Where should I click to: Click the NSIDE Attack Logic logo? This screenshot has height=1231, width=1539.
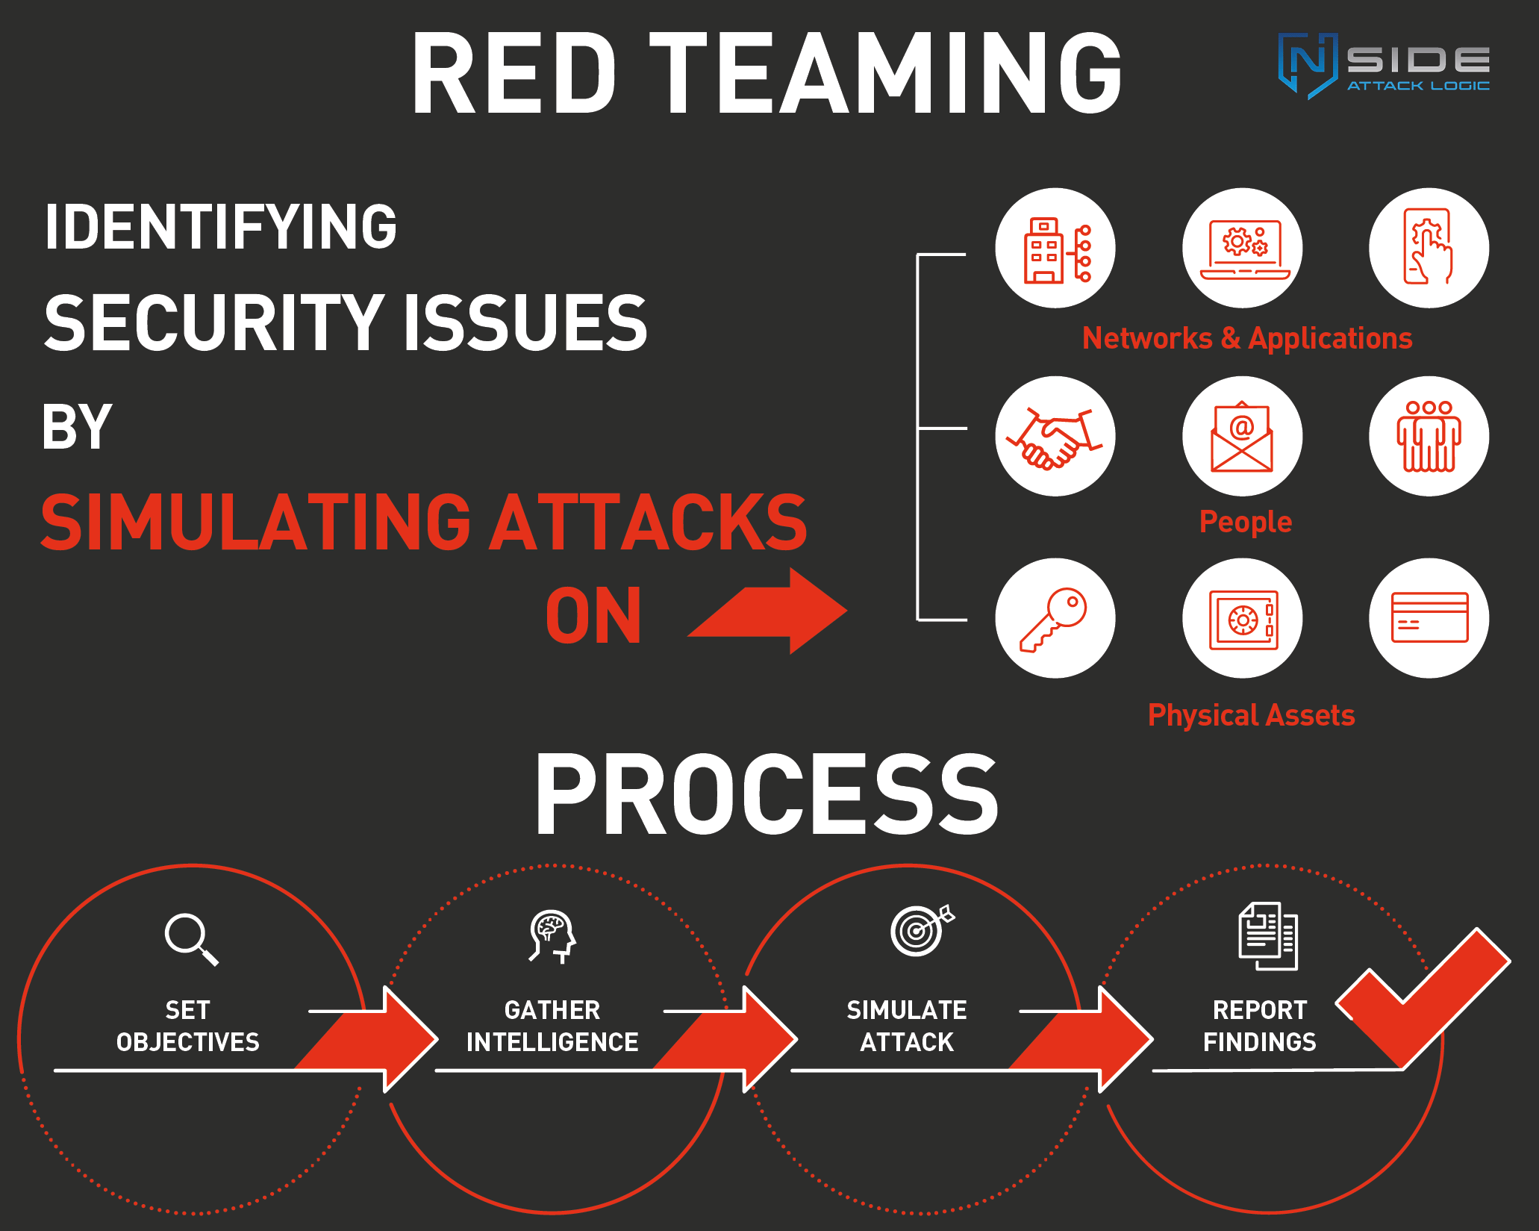coord(1385,66)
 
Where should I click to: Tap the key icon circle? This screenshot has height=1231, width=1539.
coord(1055,618)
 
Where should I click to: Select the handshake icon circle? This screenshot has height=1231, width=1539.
coord(1055,436)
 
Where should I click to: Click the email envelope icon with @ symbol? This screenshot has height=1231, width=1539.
coord(1242,436)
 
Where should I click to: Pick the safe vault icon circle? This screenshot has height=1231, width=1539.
coord(1242,618)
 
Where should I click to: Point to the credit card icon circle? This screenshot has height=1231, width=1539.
coord(1429,618)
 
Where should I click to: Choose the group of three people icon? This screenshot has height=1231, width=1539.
coord(1429,436)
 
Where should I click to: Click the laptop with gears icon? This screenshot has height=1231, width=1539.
coord(1242,248)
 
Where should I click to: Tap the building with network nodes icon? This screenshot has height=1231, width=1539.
coord(1055,248)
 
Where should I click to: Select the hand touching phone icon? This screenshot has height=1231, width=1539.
coord(1429,248)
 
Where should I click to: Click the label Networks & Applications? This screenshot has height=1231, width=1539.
coord(1246,339)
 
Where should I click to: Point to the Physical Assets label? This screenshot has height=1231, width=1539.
coord(1251,715)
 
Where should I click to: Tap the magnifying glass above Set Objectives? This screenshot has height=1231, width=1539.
coord(191,938)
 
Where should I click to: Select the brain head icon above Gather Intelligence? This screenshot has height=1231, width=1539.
coord(552,936)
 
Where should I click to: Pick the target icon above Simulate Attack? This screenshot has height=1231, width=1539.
coord(920,929)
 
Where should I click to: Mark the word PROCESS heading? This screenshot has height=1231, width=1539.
coord(767,794)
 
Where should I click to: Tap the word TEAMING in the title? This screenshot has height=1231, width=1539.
coord(885,73)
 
